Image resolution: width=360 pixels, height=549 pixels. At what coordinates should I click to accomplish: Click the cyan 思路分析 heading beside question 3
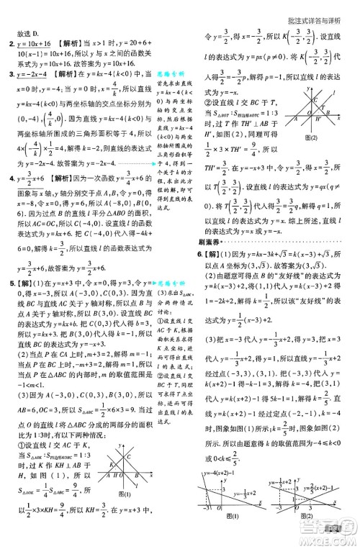pyautogui.click(x=171, y=75)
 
